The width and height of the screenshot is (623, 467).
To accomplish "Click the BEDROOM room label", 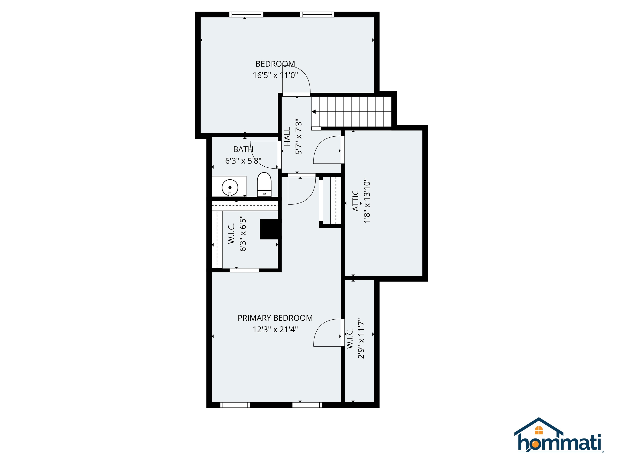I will click(275, 64).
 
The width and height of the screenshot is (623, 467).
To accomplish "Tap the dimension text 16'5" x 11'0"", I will click(275, 75).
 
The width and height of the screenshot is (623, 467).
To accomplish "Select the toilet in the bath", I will click(264, 185).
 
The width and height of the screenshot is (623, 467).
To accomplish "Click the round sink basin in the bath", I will click(230, 187).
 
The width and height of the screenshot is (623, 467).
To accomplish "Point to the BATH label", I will click(243, 149).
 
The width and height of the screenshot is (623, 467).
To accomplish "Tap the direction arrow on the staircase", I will click(314, 112).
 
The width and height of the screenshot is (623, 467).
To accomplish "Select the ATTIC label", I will click(356, 201).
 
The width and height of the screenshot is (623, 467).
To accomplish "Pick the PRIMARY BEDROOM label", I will click(275, 318).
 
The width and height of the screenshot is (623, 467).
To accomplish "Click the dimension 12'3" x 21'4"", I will click(275, 329).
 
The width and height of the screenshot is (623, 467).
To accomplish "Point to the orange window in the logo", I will click(539, 430).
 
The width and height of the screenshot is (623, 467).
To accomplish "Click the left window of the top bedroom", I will click(246, 14).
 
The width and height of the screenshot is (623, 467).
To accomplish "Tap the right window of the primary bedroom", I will click(307, 405).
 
